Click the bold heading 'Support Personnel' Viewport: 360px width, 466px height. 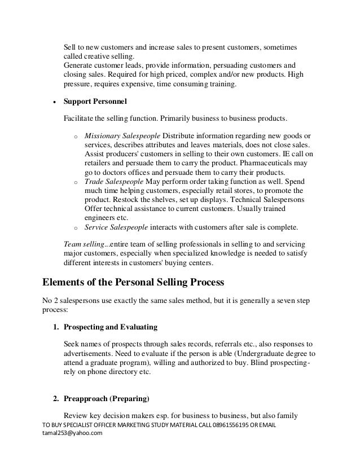coord(95,103)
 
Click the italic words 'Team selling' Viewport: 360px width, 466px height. coord(85,244)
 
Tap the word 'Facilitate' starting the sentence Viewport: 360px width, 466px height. coord(79,119)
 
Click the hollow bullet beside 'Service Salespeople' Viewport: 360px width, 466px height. coord(75,228)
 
